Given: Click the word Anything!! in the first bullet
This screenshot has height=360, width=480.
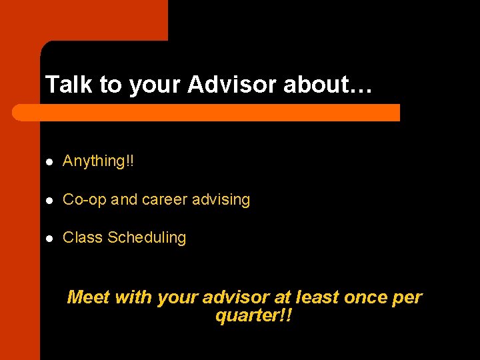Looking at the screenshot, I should point(98,161).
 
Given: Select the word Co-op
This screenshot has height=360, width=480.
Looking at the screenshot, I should point(84,200).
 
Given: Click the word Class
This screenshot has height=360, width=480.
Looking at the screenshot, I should point(83,238).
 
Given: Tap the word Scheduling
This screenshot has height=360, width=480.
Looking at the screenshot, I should point(147,238).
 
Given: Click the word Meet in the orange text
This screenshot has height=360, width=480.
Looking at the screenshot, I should point(89,297).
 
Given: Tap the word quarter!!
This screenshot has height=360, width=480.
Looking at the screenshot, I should point(254,315).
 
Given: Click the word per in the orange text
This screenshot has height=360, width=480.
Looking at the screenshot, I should point(407,298).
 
